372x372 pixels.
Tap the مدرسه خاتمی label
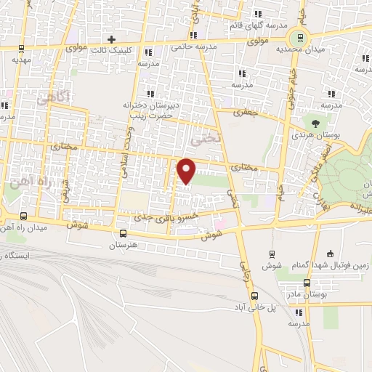[194, 46]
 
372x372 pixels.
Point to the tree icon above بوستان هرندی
[315, 122]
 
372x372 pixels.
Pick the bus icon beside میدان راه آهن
[24, 216]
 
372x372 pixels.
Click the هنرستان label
[124, 246]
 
